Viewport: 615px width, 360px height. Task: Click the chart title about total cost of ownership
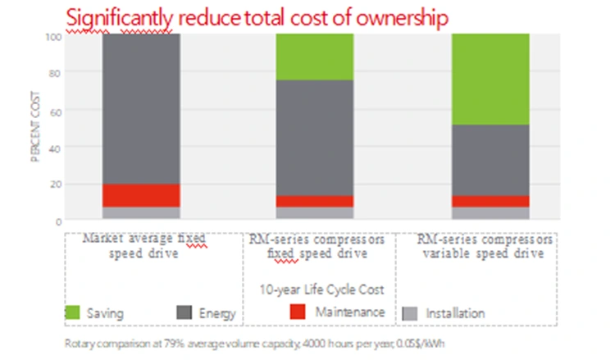pos(257,17)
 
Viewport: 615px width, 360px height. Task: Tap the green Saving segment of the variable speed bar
pos(490,79)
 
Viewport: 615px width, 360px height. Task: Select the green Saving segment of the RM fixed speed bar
pos(314,57)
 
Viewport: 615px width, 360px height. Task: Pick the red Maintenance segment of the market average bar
pos(141,195)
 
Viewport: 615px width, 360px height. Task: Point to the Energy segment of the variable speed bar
pos(490,160)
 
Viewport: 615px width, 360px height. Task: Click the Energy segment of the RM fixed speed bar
pos(314,137)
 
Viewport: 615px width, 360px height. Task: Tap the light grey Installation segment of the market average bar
pos(141,213)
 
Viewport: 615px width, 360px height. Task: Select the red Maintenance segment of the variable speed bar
pos(490,201)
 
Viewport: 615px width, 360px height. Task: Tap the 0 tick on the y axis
pos(57,221)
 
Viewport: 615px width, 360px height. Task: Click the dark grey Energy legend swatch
pos(184,312)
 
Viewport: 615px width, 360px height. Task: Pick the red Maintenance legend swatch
pos(298,312)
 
